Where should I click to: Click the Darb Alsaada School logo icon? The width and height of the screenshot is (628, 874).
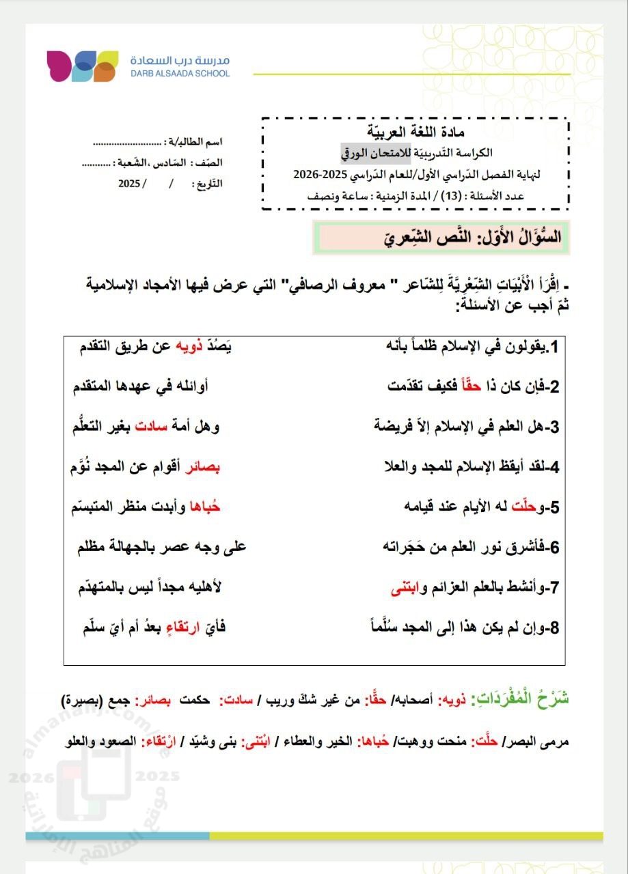click(x=82, y=66)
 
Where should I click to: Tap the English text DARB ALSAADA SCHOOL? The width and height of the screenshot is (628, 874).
click(x=180, y=73)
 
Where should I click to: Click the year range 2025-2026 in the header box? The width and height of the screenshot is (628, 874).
click(x=320, y=174)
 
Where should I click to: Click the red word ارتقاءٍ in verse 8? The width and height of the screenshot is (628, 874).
click(x=179, y=627)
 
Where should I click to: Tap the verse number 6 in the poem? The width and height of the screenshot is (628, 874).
click(x=555, y=547)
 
